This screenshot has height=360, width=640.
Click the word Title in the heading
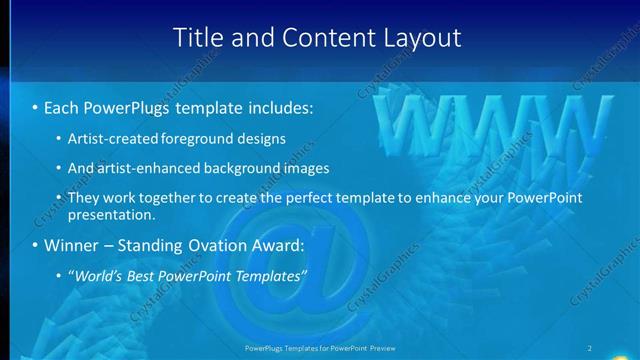tap(198, 38)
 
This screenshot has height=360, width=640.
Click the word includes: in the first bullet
tap(276, 106)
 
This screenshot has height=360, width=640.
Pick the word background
tap(251, 169)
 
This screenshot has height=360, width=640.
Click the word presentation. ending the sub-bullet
tap(112, 215)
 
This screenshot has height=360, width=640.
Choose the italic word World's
tap(99, 277)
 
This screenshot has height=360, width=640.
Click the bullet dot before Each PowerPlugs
tap(35, 107)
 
